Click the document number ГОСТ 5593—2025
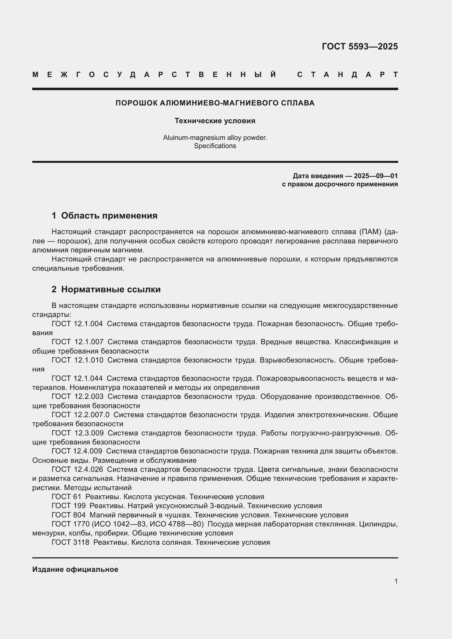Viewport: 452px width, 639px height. click(x=360, y=46)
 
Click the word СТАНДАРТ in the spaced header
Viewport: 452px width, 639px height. click(x=348, y=75)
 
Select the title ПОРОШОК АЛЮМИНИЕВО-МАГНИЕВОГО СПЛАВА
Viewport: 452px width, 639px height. click(x=215, y=103)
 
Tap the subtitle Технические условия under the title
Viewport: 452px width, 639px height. click(x=215, y=121)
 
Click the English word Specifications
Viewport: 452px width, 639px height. click(x=215, y=146)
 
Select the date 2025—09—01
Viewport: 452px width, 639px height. click(x=375, y=176)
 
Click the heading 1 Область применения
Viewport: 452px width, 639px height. click(x=104, y=216)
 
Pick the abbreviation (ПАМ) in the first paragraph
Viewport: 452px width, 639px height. click(x=371, y=232)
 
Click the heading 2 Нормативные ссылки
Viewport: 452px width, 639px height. click(x=106, y=289)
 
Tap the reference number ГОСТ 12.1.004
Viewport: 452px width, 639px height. click(x=77, y=324)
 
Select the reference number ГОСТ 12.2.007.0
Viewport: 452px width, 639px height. click(x=80, y=415)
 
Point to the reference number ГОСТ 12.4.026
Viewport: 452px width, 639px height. click(x=77, y=470)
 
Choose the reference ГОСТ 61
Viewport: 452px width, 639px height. click(x=66, y=497)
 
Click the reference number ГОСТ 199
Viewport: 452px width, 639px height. click(x=69, y=506)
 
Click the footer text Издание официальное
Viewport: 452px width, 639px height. click(x=75, y=569)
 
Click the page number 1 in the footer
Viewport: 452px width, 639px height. click(x=396, y=581)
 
